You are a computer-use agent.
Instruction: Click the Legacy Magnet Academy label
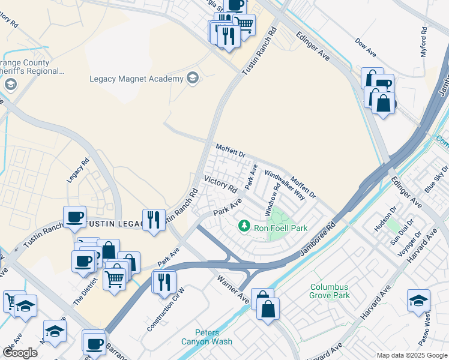click(136, 79)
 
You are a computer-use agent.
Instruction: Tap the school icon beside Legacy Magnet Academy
click(193, 79)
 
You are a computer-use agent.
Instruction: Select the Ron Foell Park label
click(282, 227)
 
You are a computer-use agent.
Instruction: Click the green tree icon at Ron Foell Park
click(244, 226)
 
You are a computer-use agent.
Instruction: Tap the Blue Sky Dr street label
click(436, 179)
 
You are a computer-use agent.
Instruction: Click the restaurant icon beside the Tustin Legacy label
click(154, 218)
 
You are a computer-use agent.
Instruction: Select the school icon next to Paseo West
click(418, 300)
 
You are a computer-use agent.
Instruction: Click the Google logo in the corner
click(20, 353)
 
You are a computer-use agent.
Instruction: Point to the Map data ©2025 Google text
click(411, 355)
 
